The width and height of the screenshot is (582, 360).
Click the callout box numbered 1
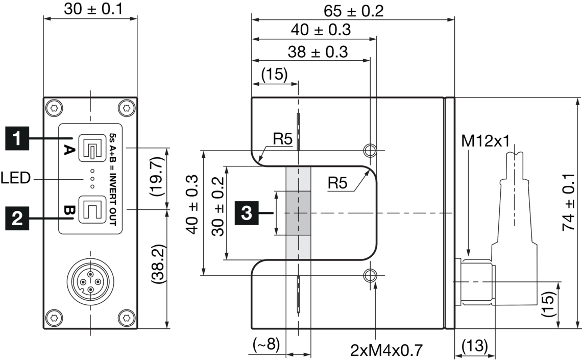17,138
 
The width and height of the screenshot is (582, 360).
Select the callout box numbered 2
17,218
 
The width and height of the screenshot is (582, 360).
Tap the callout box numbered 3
247,213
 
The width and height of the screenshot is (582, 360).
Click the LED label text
15,178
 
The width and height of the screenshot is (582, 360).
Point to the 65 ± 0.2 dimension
353,11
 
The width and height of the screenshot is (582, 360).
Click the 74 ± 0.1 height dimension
569,202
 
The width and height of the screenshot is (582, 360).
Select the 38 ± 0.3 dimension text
318,52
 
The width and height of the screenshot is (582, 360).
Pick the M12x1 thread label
486,140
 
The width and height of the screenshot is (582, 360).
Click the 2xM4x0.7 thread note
386,350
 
